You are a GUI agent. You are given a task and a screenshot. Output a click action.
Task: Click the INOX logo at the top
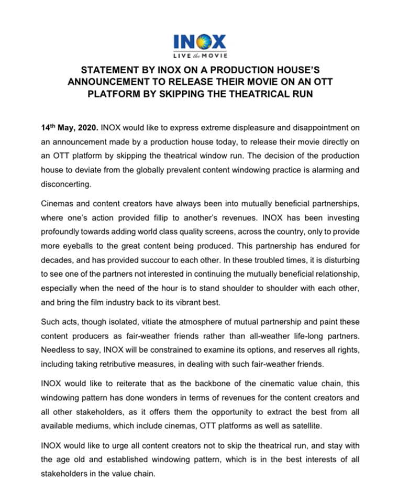point(199,41)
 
